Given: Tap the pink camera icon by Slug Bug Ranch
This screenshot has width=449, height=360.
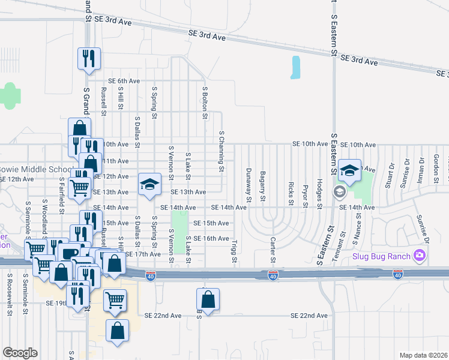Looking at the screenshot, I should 419,256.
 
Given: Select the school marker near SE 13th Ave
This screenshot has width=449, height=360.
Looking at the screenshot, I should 149,184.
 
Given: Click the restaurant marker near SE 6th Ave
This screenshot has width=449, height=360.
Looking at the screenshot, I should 89,58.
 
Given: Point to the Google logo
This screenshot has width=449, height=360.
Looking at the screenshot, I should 20,353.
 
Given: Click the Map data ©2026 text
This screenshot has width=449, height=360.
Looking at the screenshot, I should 423,355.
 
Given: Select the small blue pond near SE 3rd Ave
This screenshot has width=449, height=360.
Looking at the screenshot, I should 295,67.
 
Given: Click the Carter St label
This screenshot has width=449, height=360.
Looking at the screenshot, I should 273,250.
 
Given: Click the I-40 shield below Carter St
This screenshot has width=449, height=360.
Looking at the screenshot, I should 273,275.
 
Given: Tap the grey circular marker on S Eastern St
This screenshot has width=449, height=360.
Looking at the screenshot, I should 339,191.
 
